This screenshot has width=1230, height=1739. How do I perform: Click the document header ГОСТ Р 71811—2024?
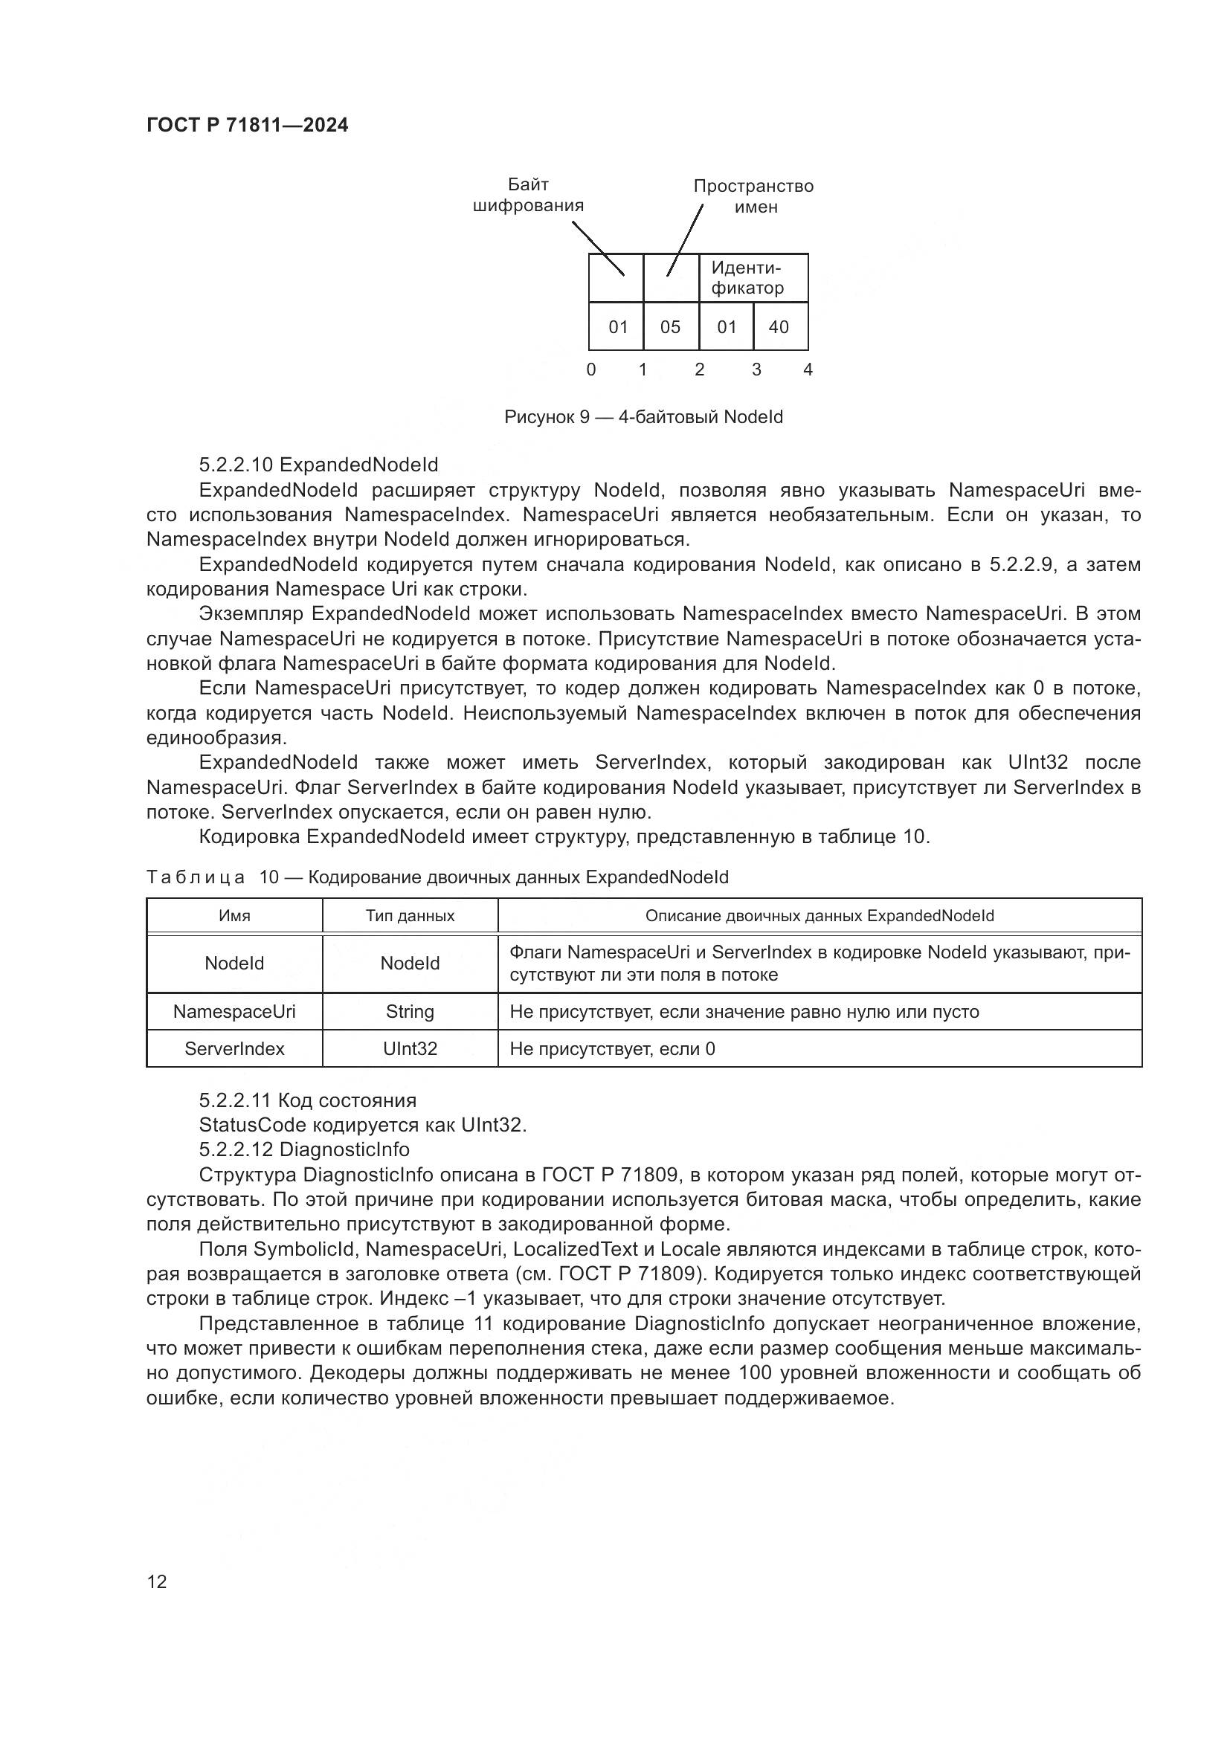247,125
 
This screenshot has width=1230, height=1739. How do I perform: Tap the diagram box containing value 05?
670,326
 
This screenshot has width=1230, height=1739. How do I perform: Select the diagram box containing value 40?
779,326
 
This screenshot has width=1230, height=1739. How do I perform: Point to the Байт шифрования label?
528,196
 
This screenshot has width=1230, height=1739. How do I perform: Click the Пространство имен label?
753,196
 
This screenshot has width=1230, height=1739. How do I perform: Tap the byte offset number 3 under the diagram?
756,370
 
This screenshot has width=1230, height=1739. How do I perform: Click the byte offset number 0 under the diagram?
590,370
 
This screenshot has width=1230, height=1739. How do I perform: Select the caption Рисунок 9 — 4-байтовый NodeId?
643,417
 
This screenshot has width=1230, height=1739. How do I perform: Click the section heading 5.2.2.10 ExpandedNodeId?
318,464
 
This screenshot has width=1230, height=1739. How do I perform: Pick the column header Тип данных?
410,916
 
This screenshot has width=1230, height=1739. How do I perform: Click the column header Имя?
234,916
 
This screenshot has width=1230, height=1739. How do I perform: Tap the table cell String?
410,1012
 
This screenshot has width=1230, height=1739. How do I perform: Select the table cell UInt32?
410,1049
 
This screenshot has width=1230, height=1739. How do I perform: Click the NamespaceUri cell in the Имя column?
234,1012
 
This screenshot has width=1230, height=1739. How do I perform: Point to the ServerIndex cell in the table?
234,1049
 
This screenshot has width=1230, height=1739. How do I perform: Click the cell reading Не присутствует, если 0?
612,1049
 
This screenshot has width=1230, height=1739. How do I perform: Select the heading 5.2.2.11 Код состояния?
308,1100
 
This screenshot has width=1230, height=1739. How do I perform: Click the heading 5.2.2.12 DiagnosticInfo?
303,1149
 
